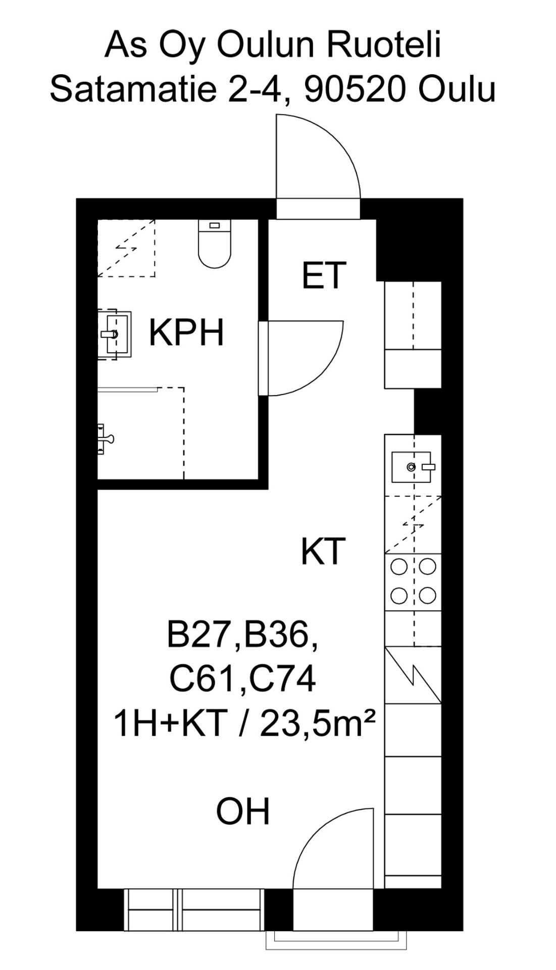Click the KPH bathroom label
(186, 333)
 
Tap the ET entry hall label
(324, 275)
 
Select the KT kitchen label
(323, 551)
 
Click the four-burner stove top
(414, 581)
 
